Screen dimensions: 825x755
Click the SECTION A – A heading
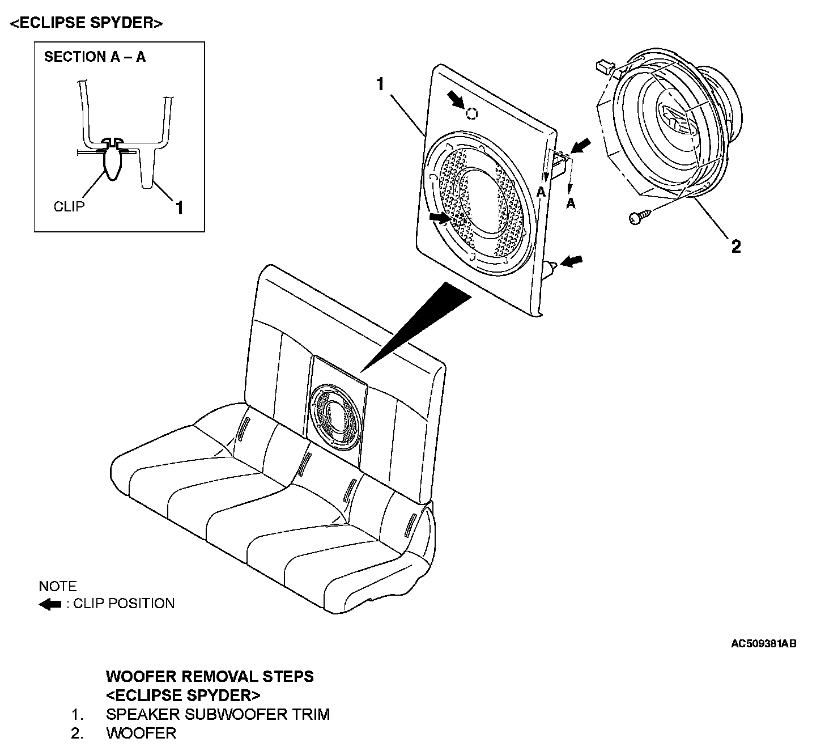point(95,57)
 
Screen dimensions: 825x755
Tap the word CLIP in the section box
point(69,206)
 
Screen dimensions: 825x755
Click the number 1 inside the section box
point(179,208)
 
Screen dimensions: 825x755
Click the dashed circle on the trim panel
point(471,113)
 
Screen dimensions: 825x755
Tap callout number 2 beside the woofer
point(735,247)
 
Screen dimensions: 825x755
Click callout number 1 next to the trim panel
point(380,84)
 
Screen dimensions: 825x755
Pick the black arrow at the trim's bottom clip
point(572,260)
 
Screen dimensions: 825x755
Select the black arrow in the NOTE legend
point(50,604)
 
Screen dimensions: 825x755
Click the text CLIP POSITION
point(124,604)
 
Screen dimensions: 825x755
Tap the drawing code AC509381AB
point(763,644)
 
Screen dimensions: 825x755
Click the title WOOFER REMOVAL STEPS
point(210,676)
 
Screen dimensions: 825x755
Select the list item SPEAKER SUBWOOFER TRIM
point(218,714)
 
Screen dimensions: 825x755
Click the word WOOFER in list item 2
point(141,733)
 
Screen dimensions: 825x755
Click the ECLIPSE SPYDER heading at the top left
point(86,23)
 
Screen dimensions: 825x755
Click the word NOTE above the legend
point(58,586)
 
